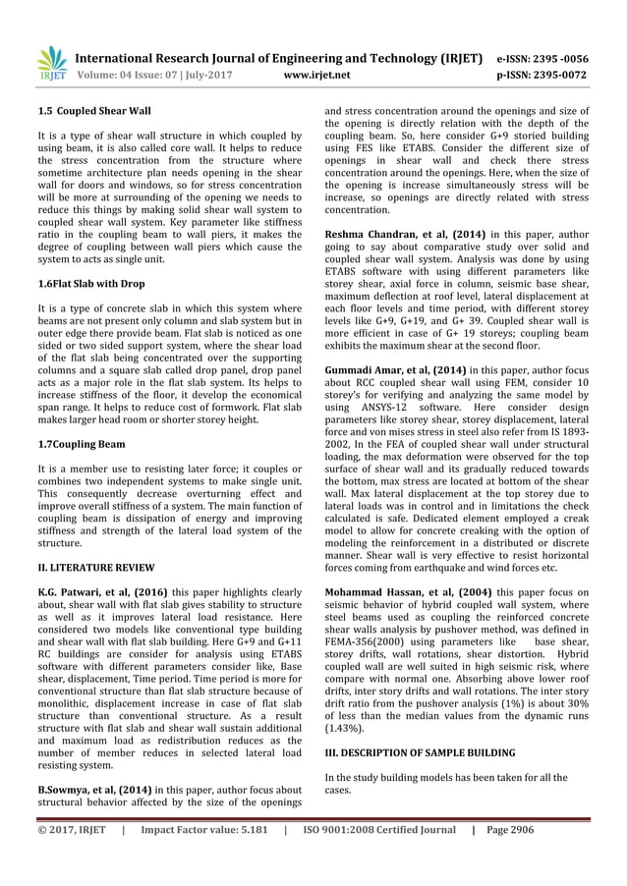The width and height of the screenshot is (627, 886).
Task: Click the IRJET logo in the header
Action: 50,61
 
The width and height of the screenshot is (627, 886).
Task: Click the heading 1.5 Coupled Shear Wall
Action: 81,114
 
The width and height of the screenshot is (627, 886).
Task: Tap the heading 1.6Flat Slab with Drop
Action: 91,283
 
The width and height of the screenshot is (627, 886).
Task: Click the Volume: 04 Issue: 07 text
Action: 132,73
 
